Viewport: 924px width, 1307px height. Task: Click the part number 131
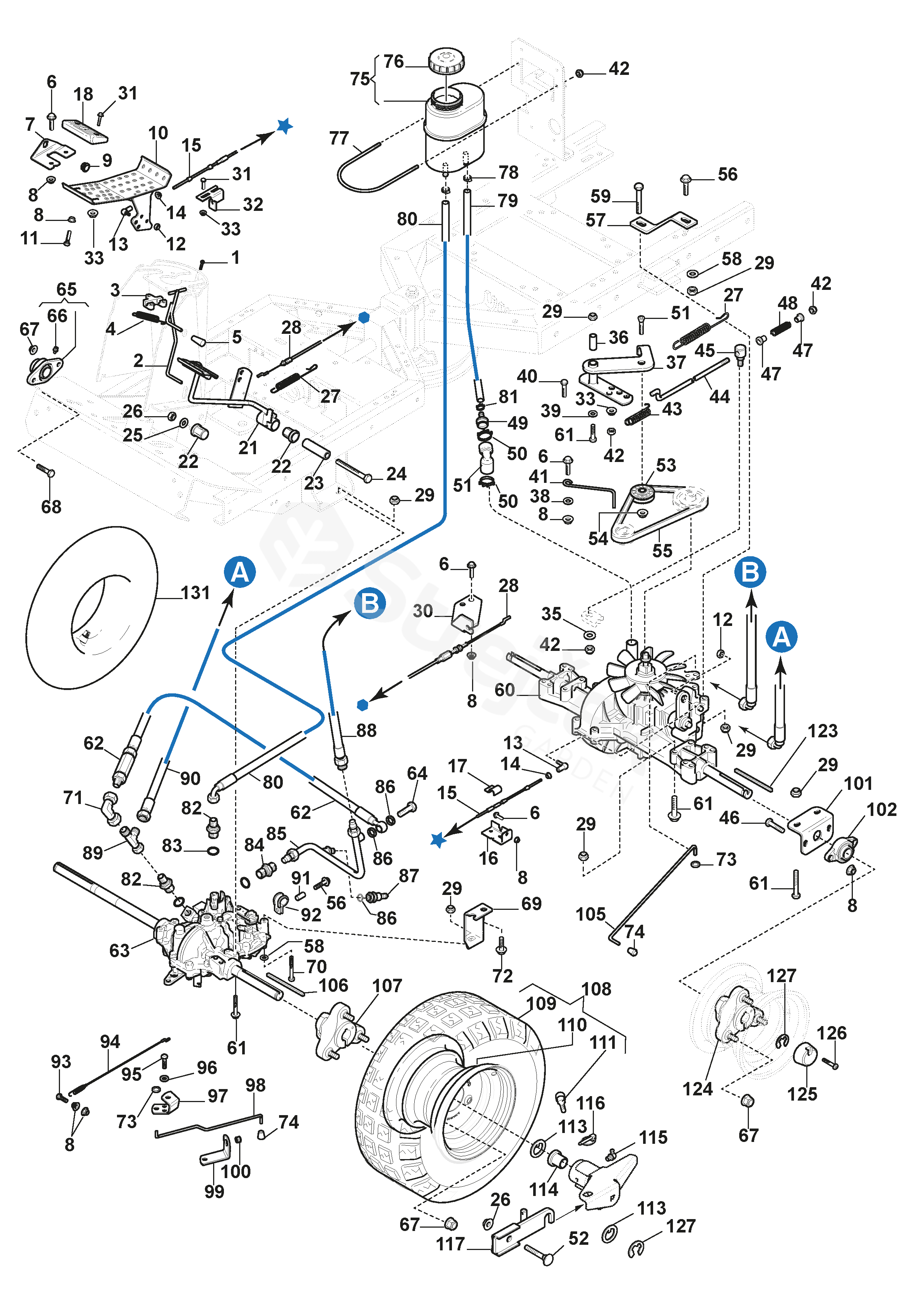point(195,593)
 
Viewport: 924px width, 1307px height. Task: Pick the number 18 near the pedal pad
point(83,95)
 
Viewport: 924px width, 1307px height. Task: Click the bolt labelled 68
point(45,471)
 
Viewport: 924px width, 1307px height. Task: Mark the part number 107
point(387,986)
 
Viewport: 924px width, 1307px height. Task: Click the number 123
point(823,731)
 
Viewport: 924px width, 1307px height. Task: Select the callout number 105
point(591,914)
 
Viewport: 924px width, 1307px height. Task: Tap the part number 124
point(697,1089)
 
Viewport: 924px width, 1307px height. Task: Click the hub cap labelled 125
point(804,1056)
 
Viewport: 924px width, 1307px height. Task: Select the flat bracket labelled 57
point(663,222)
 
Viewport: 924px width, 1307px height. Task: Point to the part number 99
point(214,1192)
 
